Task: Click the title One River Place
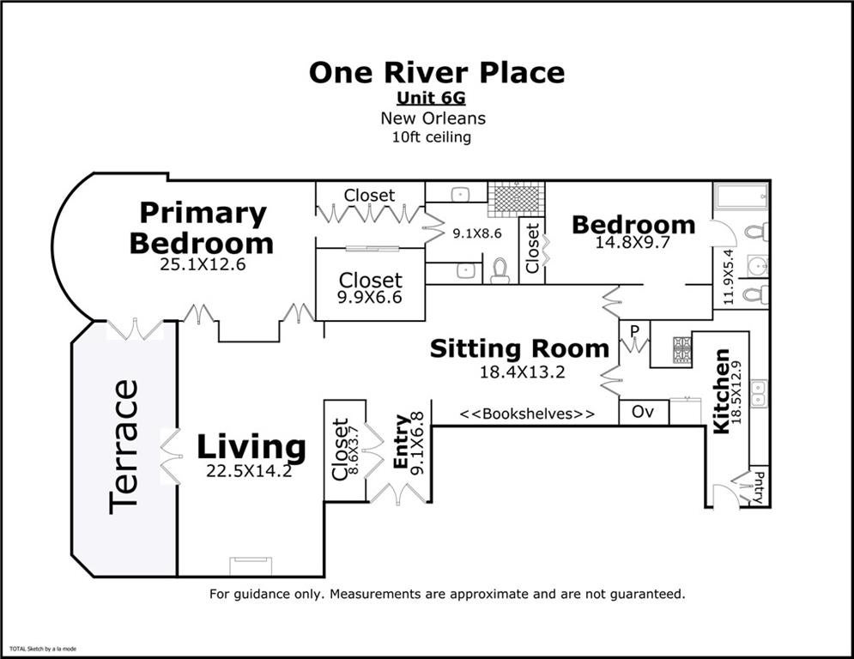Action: (x=437, y=72)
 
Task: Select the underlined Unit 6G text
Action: (x=431, y=98)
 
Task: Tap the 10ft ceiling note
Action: (x=432, y=136)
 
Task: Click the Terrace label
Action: (x=123, y=446)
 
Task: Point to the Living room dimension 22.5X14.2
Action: (x=249, y=470)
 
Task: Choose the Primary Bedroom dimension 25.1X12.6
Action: (x=203, y=264)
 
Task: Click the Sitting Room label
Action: (x=519, y=348)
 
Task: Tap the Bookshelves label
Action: (x=527, y=414)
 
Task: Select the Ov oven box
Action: (x=644, y=412)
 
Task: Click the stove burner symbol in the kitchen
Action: (x=682, y=349)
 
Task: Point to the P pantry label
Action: (x=634, y=331)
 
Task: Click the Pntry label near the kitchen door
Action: (x=759, y=487)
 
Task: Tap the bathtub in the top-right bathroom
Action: (x=742, y=196)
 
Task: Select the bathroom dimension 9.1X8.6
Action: (x=477, y=233)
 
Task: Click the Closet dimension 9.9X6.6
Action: (x=369, y=297)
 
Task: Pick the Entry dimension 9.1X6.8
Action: (x=417, y=443)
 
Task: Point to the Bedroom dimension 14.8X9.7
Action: (x=633, y=242)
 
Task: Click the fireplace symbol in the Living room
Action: (x=251, y=565)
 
